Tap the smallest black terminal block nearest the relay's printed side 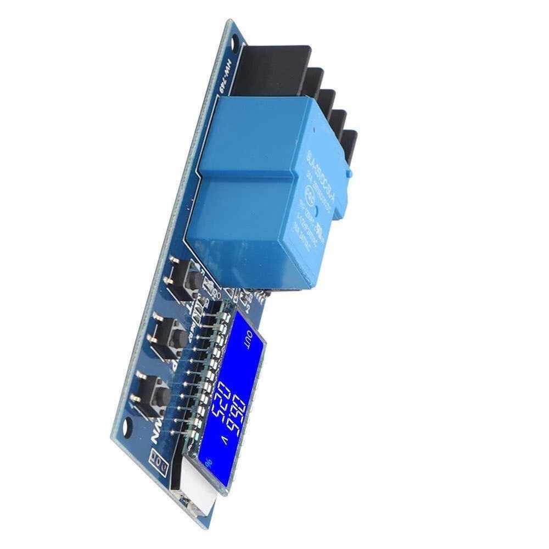coord(348,145)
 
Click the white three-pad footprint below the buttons coord(160,464)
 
